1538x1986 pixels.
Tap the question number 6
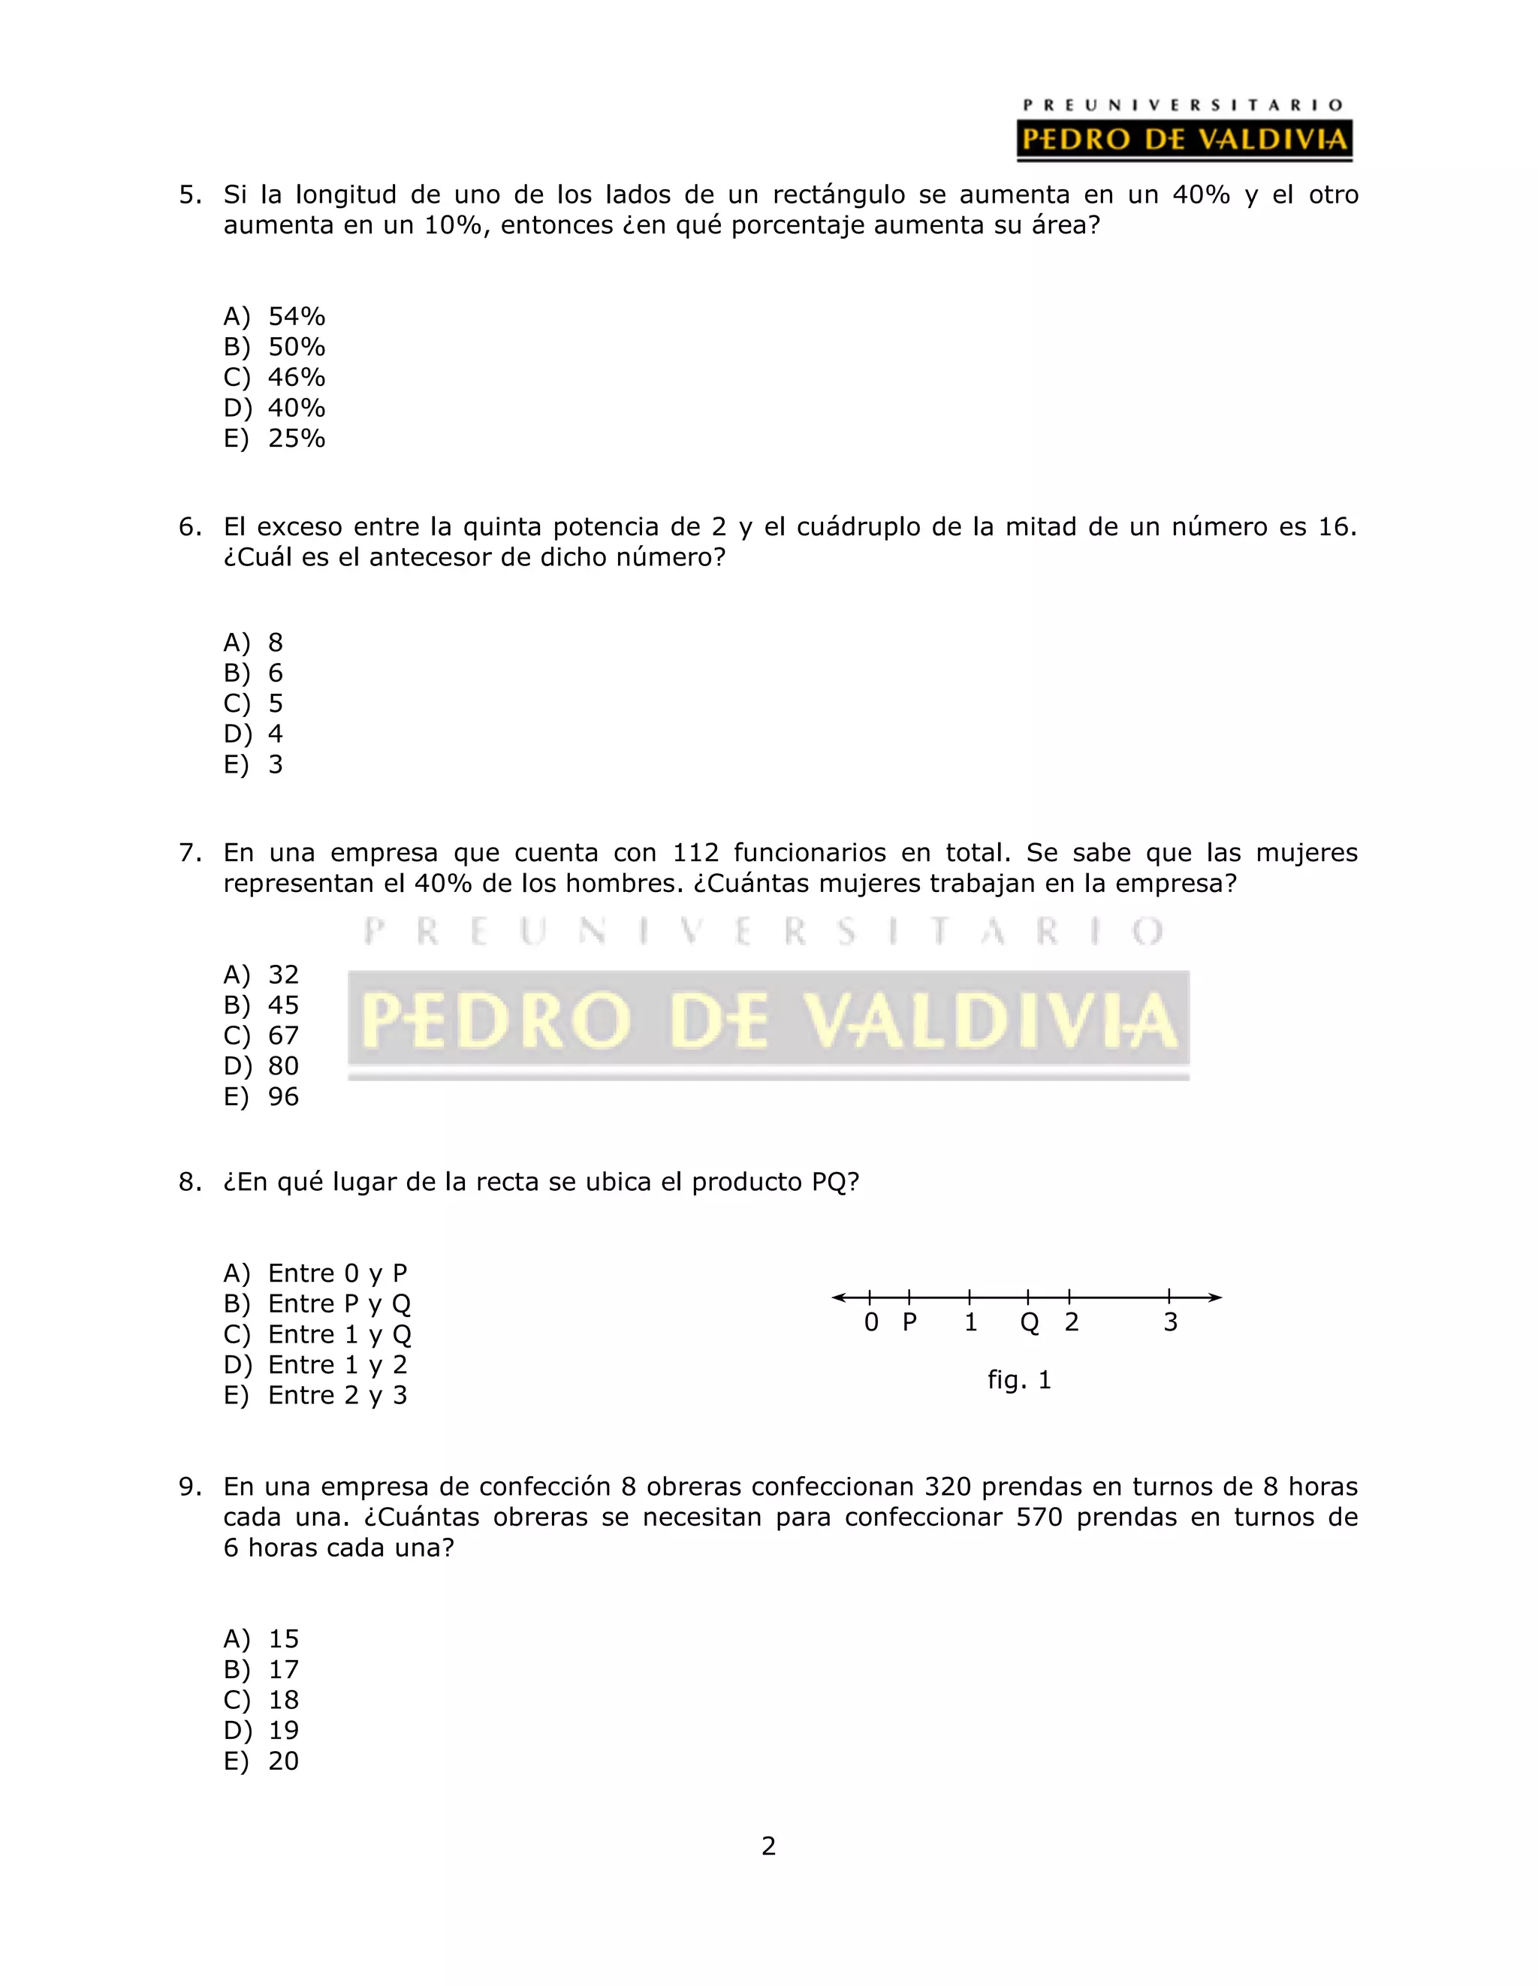coord(189,527)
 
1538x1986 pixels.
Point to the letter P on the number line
coord(909,1322)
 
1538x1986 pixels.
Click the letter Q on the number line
coord(1029,1323)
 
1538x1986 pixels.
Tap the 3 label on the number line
coord(1171,1322)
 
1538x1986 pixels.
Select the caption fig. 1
coord(1018,1379)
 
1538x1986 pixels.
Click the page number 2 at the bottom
coord(768,1846)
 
